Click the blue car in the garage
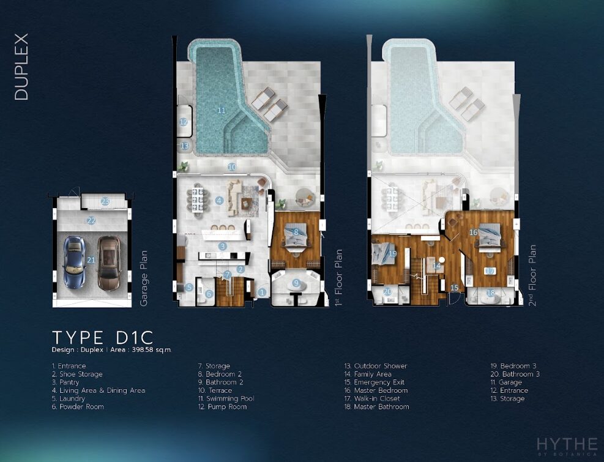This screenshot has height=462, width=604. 74,262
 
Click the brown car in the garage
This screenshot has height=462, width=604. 108,263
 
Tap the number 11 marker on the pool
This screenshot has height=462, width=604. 222,110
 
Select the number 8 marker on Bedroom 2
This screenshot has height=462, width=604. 296,232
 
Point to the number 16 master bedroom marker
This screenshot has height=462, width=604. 474,233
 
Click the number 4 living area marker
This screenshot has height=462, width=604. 219,200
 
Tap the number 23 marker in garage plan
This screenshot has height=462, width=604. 105,201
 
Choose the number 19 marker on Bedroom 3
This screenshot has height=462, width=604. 392,253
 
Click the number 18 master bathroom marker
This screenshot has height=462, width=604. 490,293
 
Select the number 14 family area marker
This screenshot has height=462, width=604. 436,266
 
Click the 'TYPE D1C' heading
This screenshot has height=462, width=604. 103,338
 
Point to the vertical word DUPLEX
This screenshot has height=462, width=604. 21,67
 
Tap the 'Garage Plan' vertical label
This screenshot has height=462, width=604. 143,278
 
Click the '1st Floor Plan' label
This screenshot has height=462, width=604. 338,277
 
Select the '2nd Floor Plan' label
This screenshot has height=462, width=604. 532,275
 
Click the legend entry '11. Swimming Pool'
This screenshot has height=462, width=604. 226,398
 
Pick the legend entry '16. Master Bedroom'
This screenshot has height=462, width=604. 376,390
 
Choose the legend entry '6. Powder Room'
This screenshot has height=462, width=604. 78,406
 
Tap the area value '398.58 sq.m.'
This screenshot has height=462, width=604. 151,350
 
